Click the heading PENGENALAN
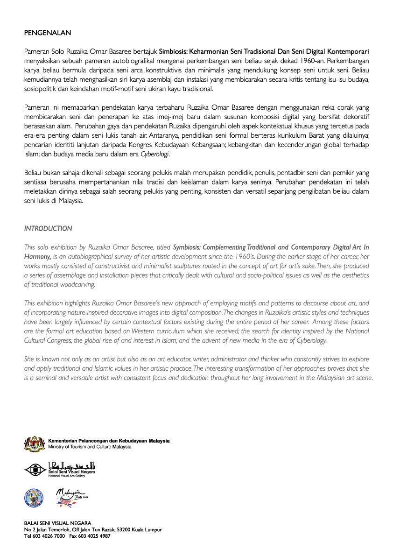[x=48, y=33]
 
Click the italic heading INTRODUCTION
[x=48, y=229]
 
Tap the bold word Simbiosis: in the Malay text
[x=173, y=51]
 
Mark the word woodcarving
[x=77, y=284]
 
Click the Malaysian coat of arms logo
[x=35, y=444]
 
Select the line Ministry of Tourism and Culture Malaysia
[x=90, y=447]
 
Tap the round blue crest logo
[x=33, y=498]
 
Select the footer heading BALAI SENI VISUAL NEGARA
[x=57, y=523]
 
